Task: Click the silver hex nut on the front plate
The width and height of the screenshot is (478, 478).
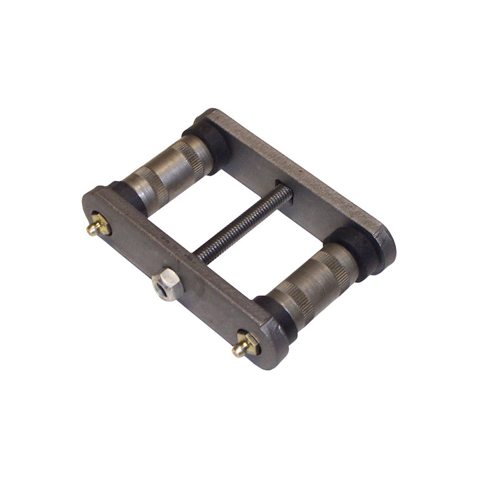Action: point(168,285)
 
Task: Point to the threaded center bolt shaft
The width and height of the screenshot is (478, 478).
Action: point(242,225)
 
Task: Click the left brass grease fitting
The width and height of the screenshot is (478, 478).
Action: point(98,225)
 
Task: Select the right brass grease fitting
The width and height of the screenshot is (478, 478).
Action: point(244,346)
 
